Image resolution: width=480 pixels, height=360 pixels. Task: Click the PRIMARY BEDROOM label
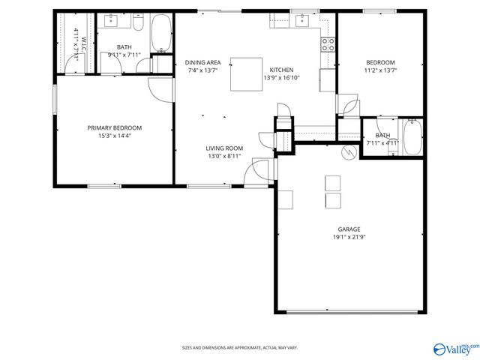[114, 127]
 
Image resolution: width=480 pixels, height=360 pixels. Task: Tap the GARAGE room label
[349, 229]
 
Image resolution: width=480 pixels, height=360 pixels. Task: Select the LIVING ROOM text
[224, 148]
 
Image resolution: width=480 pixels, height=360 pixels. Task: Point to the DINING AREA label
[202, 61]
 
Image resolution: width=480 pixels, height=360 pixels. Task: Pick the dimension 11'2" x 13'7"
[380, 70]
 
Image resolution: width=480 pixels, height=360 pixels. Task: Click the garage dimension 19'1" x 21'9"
[349, 237]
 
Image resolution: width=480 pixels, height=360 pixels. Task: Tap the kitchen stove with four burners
[328, 43]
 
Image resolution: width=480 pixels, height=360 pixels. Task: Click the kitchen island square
[246, 74]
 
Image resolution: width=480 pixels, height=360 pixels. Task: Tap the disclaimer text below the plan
[240, 347]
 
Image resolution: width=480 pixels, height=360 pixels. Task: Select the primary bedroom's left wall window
[53, 100]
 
